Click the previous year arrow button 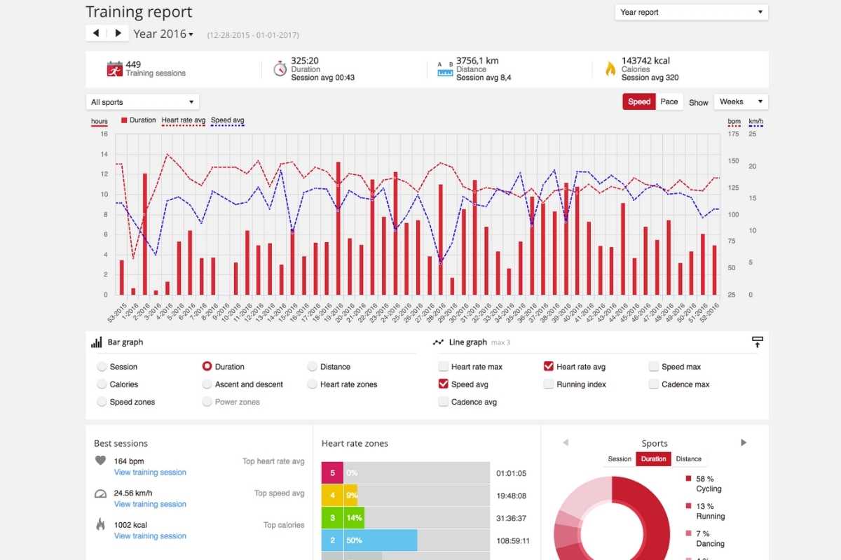96,33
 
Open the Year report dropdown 691,13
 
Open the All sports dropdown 142,102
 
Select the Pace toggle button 669,101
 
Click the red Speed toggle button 638,101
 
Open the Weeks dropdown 741,101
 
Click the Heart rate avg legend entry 184,120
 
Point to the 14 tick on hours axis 104,154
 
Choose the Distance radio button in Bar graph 313,367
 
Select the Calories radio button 102,384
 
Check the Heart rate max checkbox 444,367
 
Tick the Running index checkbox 549,384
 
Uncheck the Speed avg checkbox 444,384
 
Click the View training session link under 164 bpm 150,472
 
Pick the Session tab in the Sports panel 620,459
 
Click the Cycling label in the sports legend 709,489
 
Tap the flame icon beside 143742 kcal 610,69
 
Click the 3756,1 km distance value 477,61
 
